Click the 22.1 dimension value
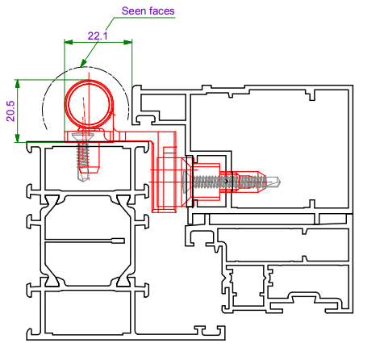coord(98,36)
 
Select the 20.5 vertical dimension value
coord(10,111)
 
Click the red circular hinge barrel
coord(89,103)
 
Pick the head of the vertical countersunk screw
coord(83,137)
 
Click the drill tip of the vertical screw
coord(83,176)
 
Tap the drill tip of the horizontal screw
coord(274,182)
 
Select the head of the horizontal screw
coord(186,182)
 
